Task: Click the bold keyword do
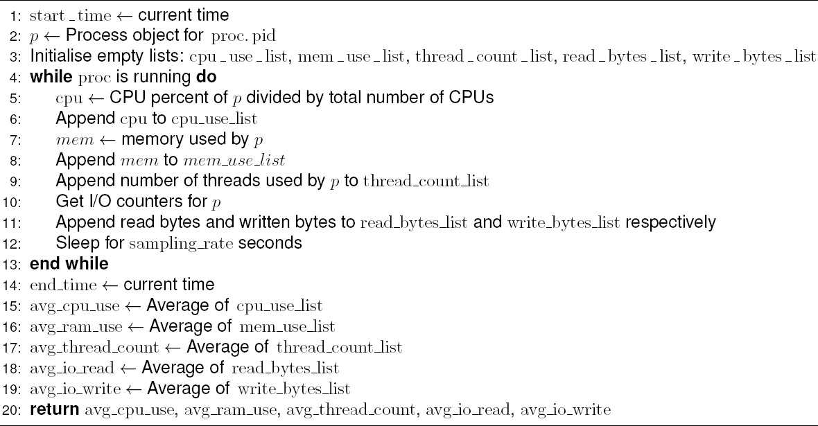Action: pos(207,77)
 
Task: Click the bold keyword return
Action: pos(53,409)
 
